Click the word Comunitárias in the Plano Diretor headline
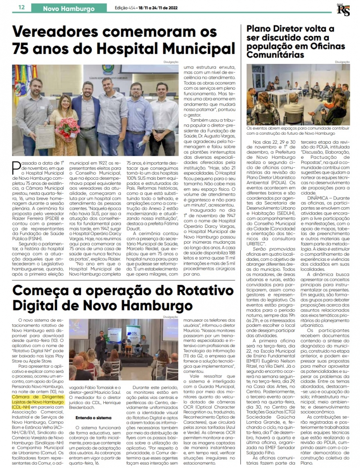tap(273, 54)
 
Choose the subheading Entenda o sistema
tap(93, 417)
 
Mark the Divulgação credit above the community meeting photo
tap(342, 62)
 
